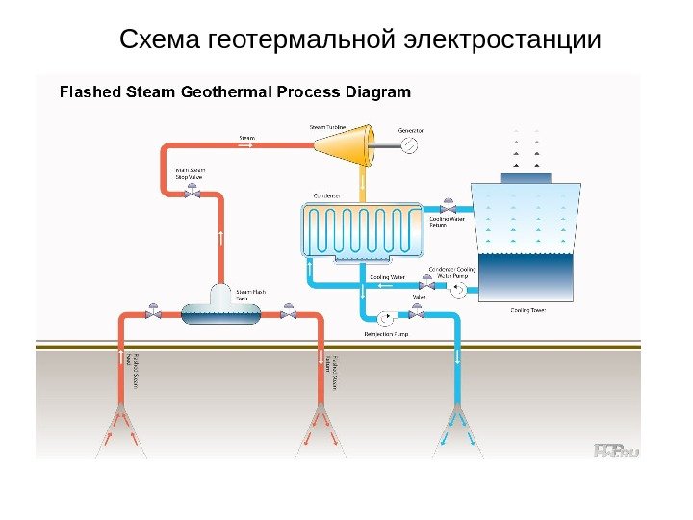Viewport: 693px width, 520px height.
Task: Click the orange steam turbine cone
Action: [x=342, y=144]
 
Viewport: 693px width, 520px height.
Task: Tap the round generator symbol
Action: [x=410, y=144]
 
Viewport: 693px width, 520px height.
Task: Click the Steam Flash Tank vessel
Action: [x=220, y=307]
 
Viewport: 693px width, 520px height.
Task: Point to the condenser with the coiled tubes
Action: [x=362, y=231]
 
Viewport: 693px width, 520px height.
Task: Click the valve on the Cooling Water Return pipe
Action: [x=447, y=208]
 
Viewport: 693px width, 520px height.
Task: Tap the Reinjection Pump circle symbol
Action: [x=386, y=317]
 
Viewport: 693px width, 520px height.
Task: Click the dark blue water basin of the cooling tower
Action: [x=526, y=278]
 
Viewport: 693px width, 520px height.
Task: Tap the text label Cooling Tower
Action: [x=527, y=311]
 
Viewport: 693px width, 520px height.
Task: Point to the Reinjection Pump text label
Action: [x=386, y=334]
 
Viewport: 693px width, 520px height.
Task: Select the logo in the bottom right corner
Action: [x=616, y=450]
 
